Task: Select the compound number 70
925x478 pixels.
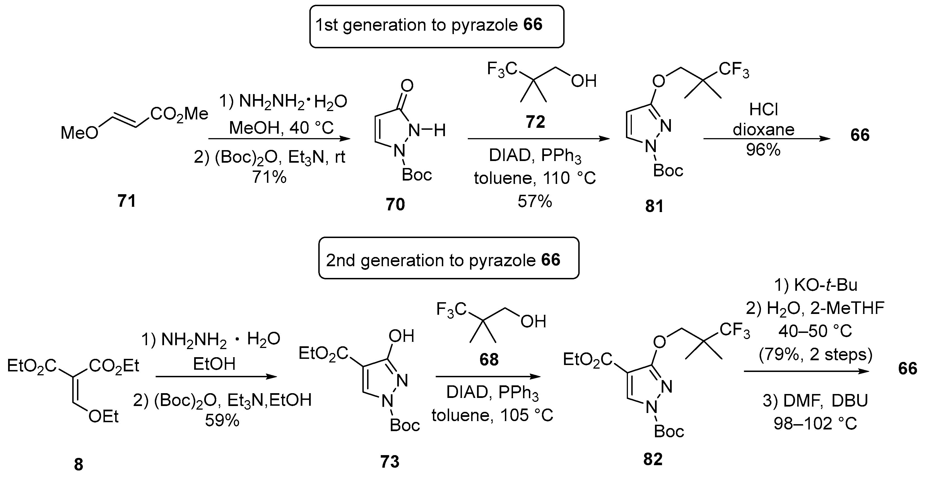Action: pos(395,205)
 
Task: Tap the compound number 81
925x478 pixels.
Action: pos(654,206)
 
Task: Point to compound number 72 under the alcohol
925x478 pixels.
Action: pos(535,122)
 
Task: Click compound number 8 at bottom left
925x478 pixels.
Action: pos(79,465)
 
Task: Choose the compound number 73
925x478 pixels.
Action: pos(390,462)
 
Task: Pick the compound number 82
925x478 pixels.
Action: pos(653,459)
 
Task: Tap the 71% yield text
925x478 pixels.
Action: pos(269,177)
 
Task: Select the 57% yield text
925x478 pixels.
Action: pos(535,201)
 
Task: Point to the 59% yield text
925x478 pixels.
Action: pos(222,421)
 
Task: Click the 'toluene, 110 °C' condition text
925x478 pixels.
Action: pos(535,178)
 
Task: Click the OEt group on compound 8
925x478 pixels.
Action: pos(103,417)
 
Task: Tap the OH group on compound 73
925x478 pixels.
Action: pos(401,336)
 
